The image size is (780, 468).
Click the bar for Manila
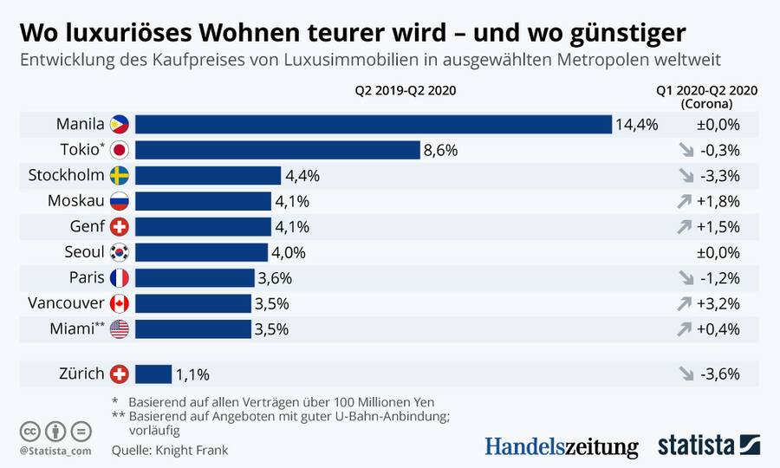pyautogui.click(x=373, y=124)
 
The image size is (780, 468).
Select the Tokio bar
pyautogui.click(x=277, y=150)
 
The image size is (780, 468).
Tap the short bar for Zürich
pyautogui.click(x=153, y=374)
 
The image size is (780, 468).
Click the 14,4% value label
pyautogui.click(x=636, y=124)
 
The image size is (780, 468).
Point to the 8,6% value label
pyautogui.click(x=440, y=150)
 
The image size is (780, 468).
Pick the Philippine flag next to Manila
pyautogui.click(x=120, y=124)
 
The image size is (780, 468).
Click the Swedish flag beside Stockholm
pyautogui.click(x=120, y=175)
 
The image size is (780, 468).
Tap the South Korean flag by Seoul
pyautogui.click(x=120, y=252)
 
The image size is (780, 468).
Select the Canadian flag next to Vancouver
pyautogui.click(x=120, y=303)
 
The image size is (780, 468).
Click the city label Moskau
pyautogui.click(x=77, y=201)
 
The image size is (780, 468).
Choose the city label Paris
pyautogui.click(x=87, y=278)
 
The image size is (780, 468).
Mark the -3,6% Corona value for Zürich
pyautogui.click(x=721, y=374)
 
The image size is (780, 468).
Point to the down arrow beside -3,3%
pyautogui.click(x=687, y=175)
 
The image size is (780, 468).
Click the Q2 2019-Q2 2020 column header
pyautogui.click(x=405, y=89)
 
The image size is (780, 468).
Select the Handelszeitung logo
pyautogui.click(x=561, y=445)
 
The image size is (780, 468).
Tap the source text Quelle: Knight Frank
pyautogui.click(x=170, y=451)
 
